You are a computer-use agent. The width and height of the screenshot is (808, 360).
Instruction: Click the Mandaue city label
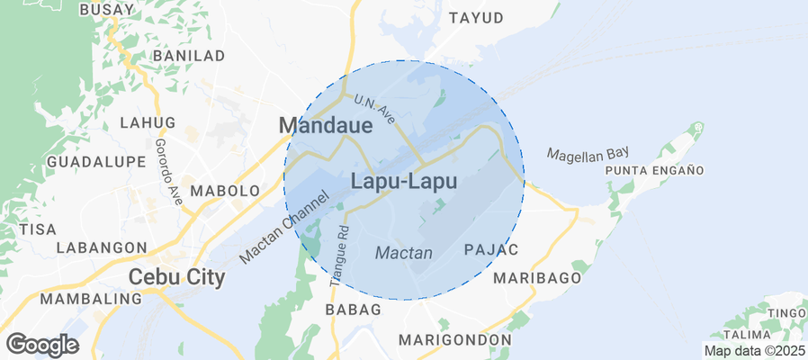(x=325, y=125)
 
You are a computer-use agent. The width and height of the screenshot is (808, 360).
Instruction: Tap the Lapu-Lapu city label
(x=403, y=181)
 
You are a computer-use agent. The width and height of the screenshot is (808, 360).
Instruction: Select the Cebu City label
(x=176, y=277)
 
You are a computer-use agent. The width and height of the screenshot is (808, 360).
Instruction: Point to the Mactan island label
(x=404, y=253)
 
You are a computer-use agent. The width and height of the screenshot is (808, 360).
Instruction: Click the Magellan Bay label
(x=588, y=153)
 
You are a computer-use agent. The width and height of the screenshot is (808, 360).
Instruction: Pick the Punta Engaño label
(x=654, y=170)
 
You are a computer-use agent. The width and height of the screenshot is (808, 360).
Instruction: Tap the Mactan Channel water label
(x=279, y=226)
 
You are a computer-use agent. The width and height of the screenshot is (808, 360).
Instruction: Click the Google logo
(x=41, y=344)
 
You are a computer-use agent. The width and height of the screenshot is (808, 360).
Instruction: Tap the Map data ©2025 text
(x=754, y=351)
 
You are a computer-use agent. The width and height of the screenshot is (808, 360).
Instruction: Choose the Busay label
(x=107, y=10)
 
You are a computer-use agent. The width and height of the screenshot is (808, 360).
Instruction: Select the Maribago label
(x=537, y=277)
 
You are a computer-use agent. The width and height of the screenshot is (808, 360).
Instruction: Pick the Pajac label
(x=490, y=248)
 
